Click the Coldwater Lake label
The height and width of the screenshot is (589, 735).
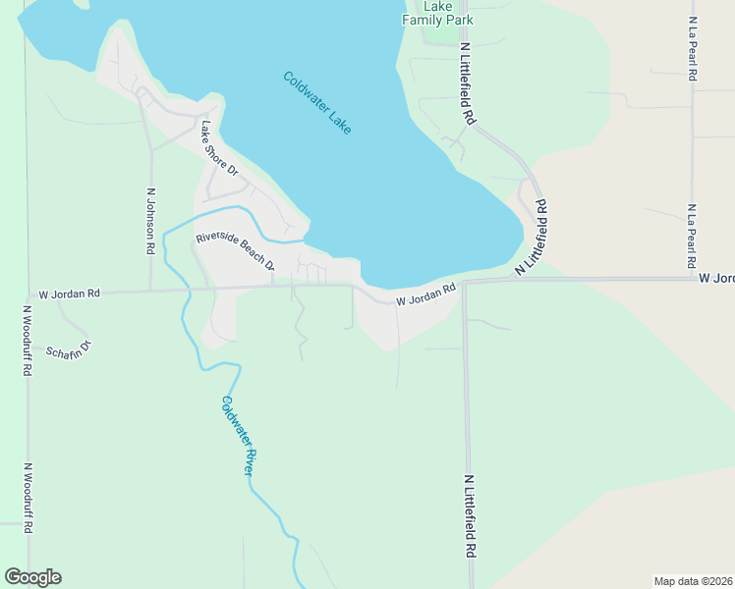point(316,103)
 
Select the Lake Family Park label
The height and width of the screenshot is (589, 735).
point(437,13)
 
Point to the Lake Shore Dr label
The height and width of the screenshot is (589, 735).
point(219,148)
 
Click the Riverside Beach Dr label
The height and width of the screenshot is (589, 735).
point(236,251)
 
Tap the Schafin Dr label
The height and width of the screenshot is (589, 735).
point(68,348)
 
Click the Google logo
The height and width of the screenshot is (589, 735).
point(32,577)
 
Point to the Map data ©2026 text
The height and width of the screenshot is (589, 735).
point(693,580)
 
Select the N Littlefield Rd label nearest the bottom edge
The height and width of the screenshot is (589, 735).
point(469,516)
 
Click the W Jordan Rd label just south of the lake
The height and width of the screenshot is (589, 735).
point(426,294)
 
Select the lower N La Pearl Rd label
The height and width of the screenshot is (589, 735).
point(692,237)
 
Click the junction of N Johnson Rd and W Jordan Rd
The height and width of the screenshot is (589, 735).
point(150,291)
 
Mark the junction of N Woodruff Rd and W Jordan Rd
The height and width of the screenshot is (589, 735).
point(27,293)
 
